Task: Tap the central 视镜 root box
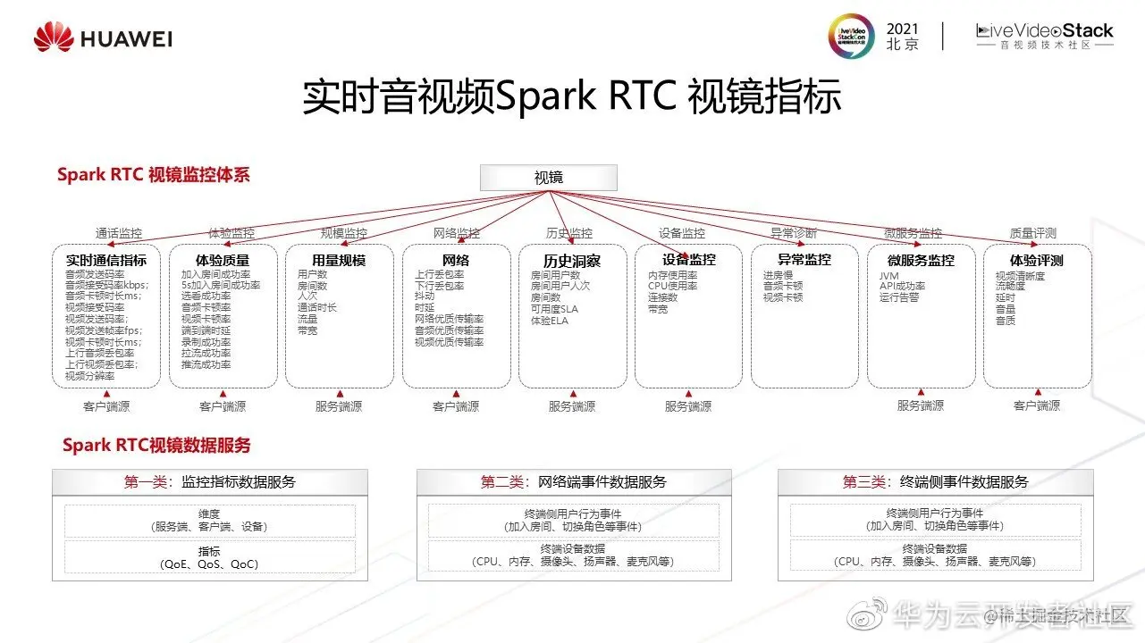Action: click(x=549, y=178)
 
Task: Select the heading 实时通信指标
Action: click(x=106, y=260)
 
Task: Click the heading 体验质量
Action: click(x=223, y=260)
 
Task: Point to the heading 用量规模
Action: click(x=339, y=260)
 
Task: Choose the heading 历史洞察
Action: click(x=572, y=261)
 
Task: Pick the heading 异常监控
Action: click(x=804, y=259)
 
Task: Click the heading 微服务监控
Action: click(x=921, y=260)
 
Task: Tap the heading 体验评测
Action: click(x=1037, y=260)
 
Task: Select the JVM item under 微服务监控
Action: click(x=889, y=276)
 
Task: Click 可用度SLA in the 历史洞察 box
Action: click(x=554, y=309)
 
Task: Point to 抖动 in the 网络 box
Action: click(x=425, y=296)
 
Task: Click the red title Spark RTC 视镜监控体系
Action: click(x=154, y=175)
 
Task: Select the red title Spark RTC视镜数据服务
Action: click(x=156, y=445)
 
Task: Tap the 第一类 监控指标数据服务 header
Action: click(x=209, y=482)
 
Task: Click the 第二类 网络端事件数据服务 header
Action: click(x=573, y=482)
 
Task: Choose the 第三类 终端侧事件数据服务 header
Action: click(x=935, y=482)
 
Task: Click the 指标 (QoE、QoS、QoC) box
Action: click(x=209, y=558)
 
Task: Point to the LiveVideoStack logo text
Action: click(x=1045, y=31)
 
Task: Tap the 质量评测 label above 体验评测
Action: click(x=1032, y=233)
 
